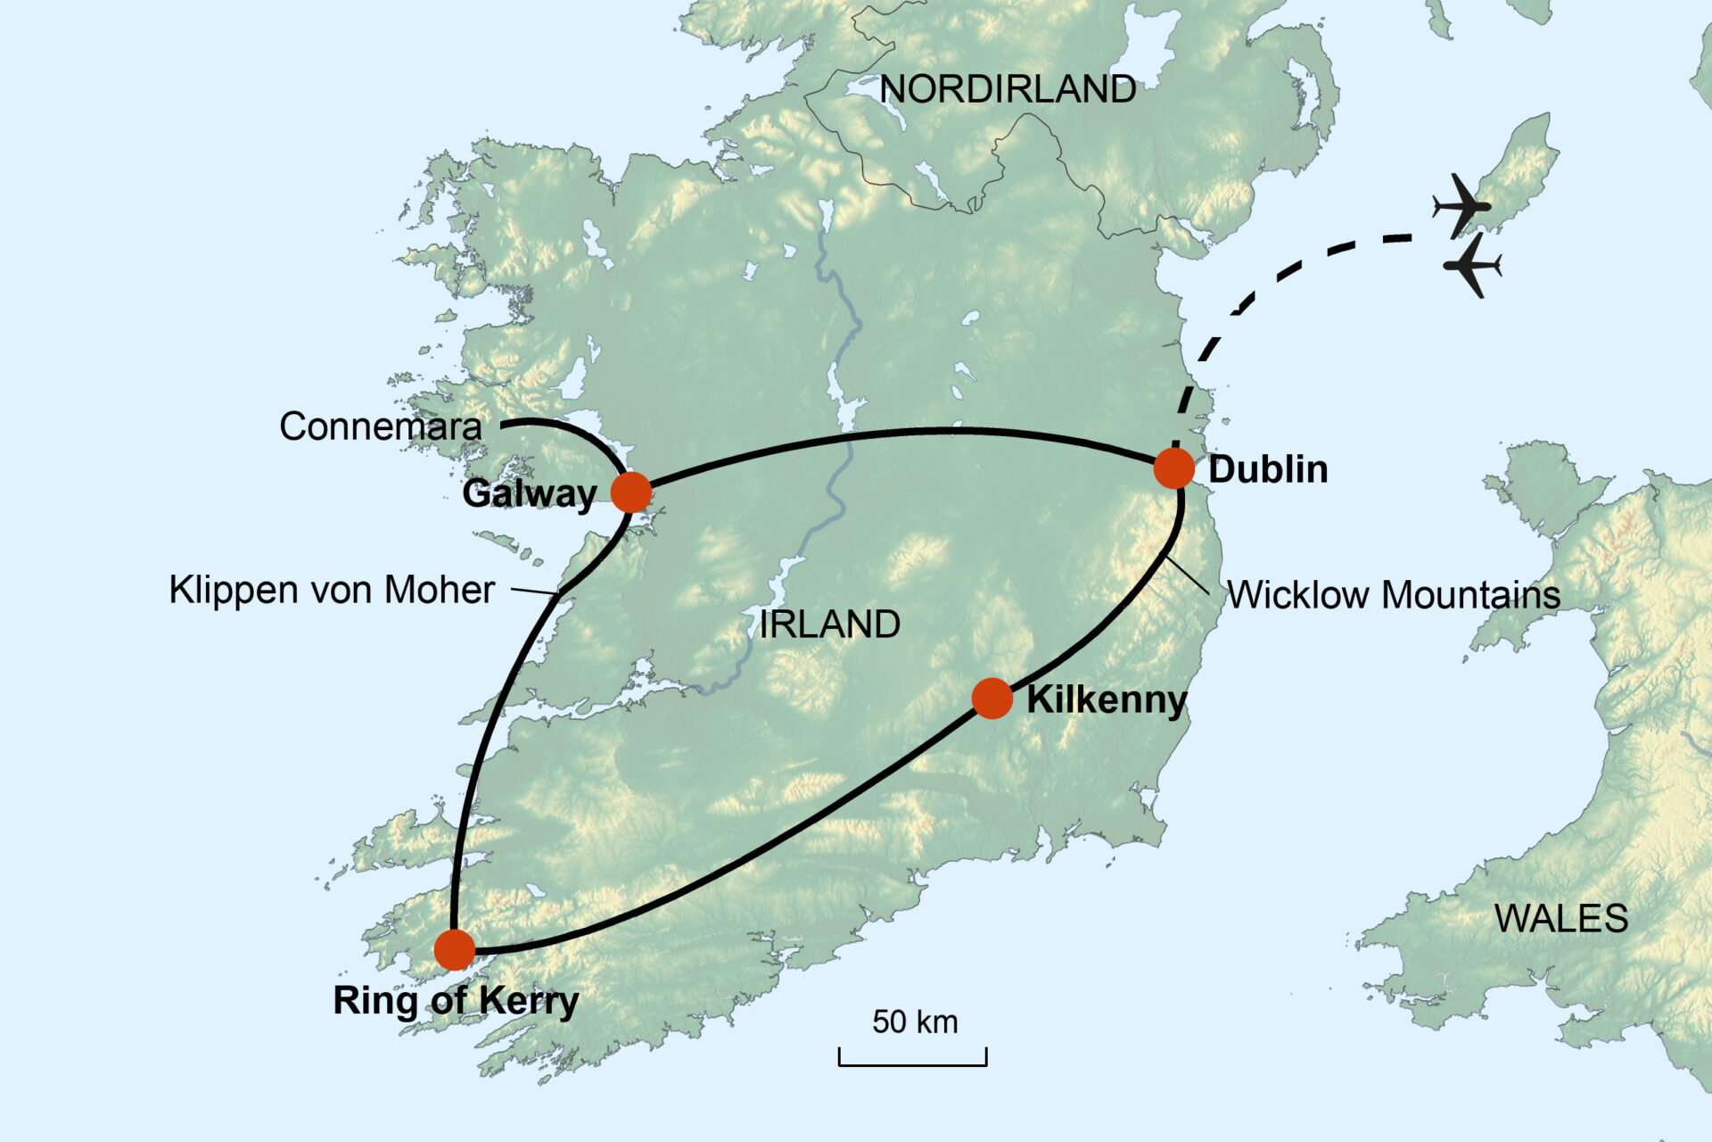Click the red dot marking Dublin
tap(1173, 468)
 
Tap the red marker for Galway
tap(631, 492)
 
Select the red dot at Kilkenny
tap(992, 698)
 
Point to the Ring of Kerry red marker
tap(455, 950)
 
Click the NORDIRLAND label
tap(1008, 89)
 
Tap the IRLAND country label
tap(829, 625)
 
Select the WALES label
tap(1560, 919)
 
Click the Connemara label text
tap(381, 426)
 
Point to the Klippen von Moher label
tap(332, 591)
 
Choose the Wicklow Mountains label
tap(1394, 595)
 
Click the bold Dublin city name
tap(1268, 469)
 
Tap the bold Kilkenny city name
tap(1107, 699)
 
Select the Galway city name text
tap(529, 493)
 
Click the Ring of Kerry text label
tap(456, 1001)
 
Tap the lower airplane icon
tap(1472, 265)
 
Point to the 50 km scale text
tap(915, 1022)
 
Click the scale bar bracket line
tap(912, 1064)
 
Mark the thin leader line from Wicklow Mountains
tap(1189, 576)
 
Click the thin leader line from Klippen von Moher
tap(535, 592)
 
